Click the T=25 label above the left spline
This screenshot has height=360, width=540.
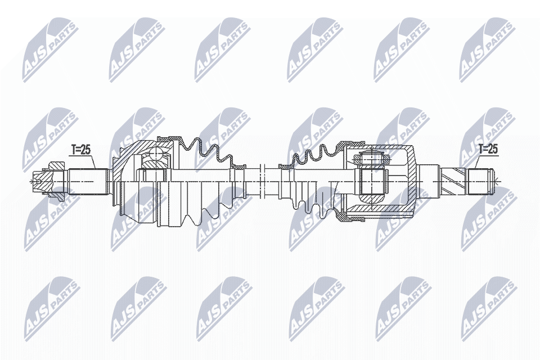(x=81, y=149)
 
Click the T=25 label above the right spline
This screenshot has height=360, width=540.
(x=488, y=149)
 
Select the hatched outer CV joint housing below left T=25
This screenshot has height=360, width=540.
(x=119, y=169)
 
